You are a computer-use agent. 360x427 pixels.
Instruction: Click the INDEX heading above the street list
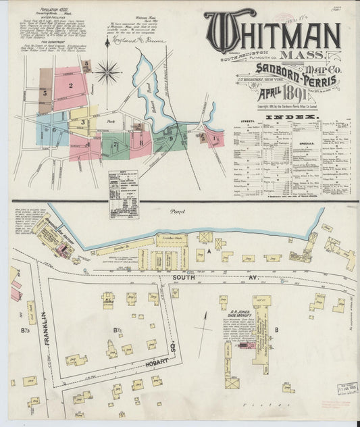tap(292, 117)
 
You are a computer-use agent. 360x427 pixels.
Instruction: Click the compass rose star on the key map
tap(107, 70)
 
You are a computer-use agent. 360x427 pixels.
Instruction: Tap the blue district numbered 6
tap(51, 128)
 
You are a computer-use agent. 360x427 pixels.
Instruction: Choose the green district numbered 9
tap(170, 138)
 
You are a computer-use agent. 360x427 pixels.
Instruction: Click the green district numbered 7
tap(115, 144)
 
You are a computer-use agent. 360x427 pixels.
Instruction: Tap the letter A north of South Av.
tap(210, 251)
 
